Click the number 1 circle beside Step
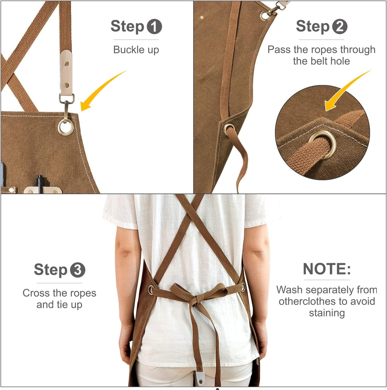(x=154, y=27)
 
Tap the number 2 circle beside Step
(x=340, y=27)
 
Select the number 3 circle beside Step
(x=78, y=270)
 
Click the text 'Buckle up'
(x=136, y=50)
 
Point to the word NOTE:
(x=327, y=269)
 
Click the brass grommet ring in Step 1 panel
(x=66, y=127)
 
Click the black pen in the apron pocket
(x=40, y=184)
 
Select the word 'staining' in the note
(x=327, y=313)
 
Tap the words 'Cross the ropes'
(x=59, y=293)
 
